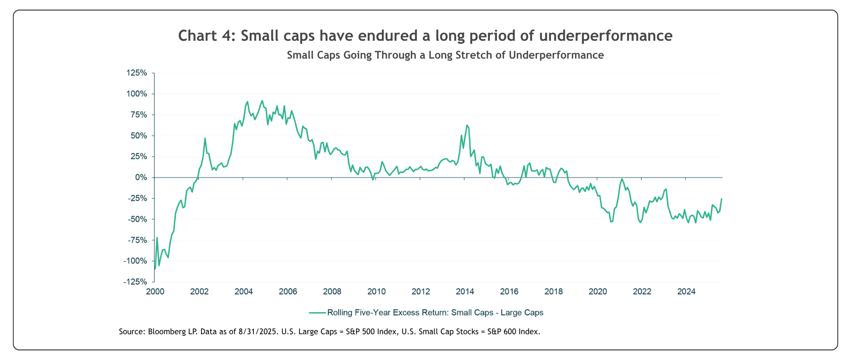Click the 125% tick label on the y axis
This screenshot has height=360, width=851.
137,73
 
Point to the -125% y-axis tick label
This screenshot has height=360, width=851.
135,282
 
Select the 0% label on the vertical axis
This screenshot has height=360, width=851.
141,178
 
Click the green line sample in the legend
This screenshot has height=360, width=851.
317,313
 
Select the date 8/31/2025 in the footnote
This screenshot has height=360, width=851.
258,332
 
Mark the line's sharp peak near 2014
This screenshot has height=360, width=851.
467,125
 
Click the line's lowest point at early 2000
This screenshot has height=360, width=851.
155,269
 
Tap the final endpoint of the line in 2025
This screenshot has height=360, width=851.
722,198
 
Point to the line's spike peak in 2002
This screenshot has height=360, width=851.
205,138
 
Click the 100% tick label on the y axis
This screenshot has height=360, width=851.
137,94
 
